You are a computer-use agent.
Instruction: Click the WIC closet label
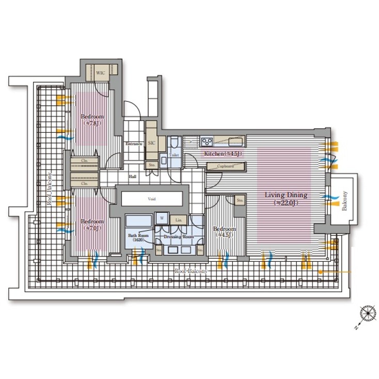(x=101, y=73)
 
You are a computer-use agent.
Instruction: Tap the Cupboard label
(x=225, y=166)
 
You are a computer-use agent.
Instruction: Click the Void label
(x=152, y=198)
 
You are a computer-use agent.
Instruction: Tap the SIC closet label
(x=151, y=143)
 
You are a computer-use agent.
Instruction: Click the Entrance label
(x=134, y=144)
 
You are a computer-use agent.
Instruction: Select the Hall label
(x=133, y=177)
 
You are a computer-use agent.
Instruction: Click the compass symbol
(x=368, y=313)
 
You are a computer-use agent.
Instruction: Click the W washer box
(x=161, y=218)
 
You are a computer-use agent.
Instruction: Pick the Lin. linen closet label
(x=178, y=220)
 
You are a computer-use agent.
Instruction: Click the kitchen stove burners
(x=208, y=140)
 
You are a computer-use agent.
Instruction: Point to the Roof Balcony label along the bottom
(x=191, y=271)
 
